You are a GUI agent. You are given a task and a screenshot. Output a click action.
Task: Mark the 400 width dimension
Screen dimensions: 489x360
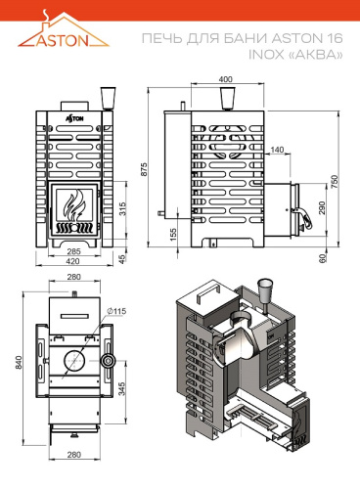pos(226,78)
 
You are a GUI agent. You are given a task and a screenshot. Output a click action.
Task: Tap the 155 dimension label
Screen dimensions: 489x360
pos(172,235)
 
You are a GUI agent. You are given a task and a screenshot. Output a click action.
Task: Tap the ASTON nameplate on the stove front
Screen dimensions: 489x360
pos(75,115)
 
